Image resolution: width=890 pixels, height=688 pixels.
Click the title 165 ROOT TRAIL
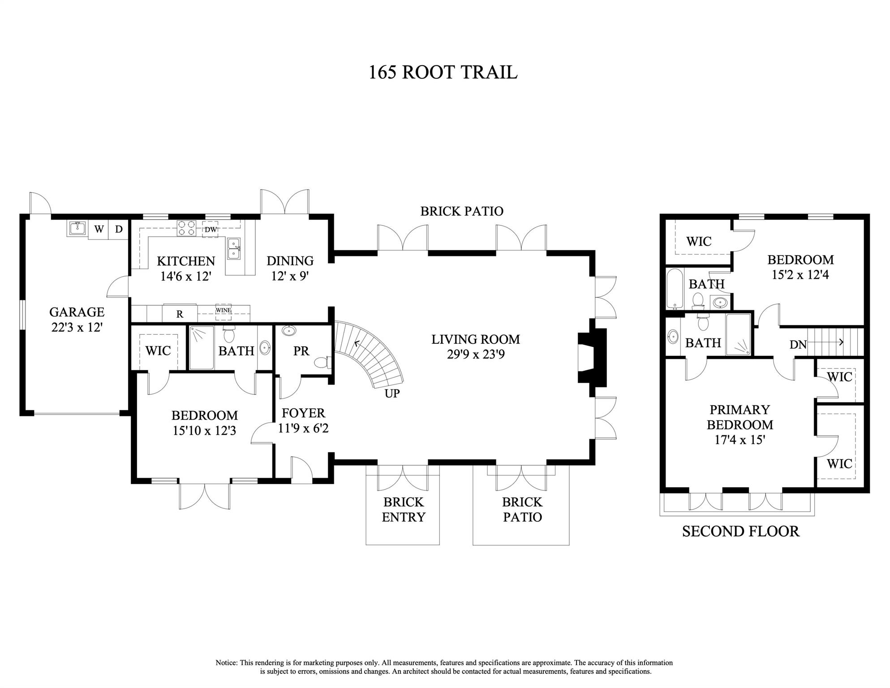[x=443, y=72]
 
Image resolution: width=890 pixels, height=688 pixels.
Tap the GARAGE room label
[x=77, y=312]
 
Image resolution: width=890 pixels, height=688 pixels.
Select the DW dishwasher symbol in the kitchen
[x=211, y=229]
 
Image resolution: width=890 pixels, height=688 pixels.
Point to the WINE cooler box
[x=223, y=310]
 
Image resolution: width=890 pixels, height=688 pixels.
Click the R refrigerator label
[x=180, y=314]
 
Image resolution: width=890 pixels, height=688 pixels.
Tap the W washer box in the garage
[x=99, y=229]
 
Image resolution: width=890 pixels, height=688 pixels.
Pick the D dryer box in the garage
[x=119, y=229]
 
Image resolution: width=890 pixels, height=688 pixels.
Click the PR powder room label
[x=301, y=351]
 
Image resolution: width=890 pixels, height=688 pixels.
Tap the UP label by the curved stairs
[x=392, y=394]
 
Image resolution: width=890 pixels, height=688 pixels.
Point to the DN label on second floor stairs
[x=798, y=344]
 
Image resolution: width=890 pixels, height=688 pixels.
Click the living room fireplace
[x=591, y=357]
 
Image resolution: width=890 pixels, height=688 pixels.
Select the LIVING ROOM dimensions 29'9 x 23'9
[x=476, y=355]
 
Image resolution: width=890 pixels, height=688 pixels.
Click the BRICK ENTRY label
[x=403, y=509]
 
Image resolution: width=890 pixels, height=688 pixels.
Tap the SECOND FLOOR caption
[x=740, y=531]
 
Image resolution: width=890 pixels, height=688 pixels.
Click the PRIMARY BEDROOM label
[x=740, y=417]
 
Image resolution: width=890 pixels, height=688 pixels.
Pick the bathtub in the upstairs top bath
[x=673, y=288]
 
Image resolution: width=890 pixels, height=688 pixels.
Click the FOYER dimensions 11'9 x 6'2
[x=303, y=428]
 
